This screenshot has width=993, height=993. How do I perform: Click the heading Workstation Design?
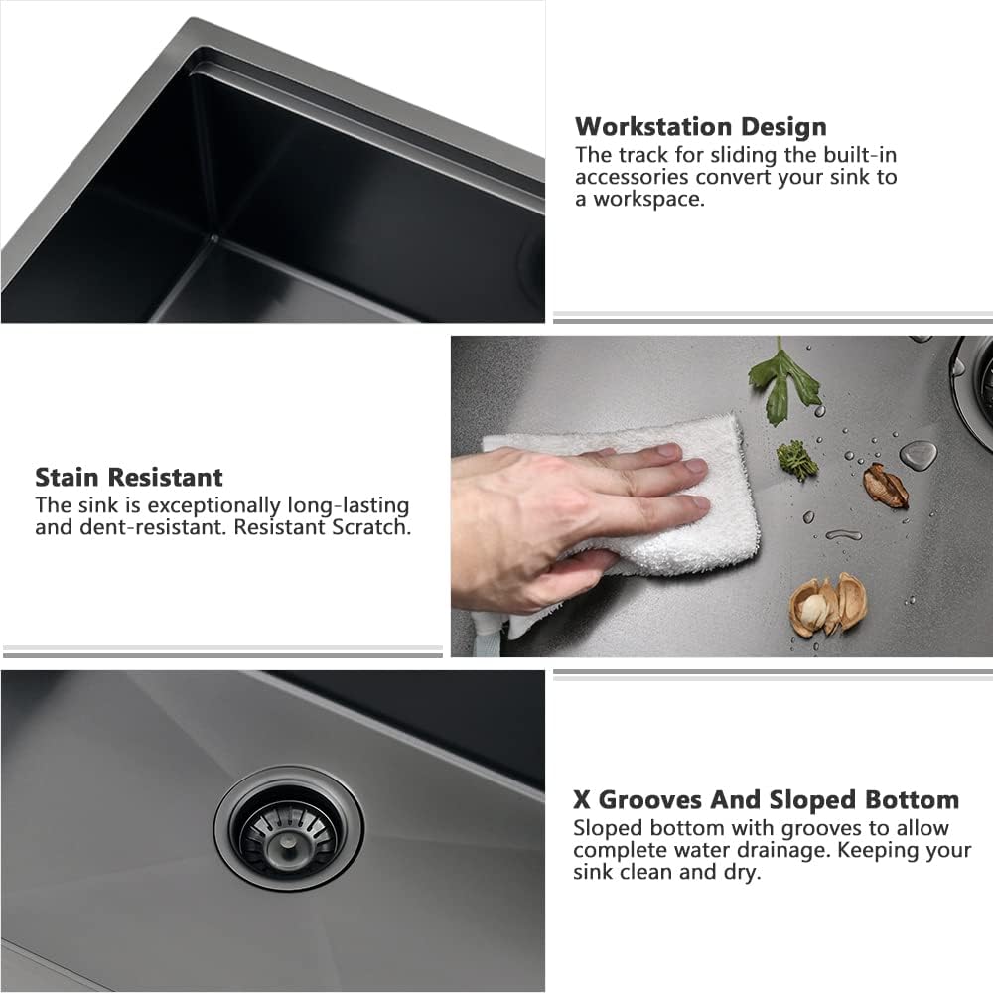click(700, 127)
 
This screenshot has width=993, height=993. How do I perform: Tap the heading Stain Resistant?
click(129, 477)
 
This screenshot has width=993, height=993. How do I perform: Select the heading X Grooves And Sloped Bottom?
click(766, 800)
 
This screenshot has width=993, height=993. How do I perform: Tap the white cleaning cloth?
click(636, 516)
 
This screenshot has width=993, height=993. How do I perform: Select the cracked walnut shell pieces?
click(826, 606)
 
